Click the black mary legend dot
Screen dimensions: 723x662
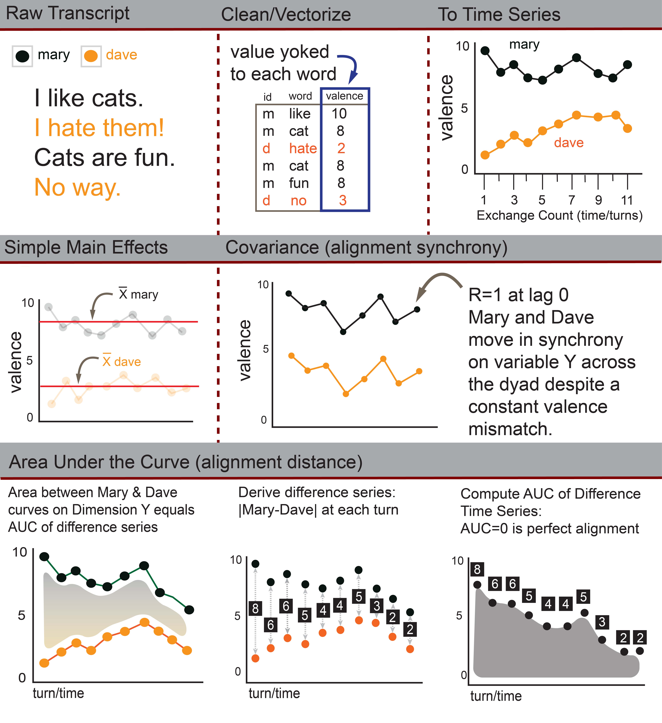[x=22, y=56]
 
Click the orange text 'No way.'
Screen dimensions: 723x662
[x=77, y=187]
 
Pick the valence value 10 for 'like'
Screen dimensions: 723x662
[x=339, y=114]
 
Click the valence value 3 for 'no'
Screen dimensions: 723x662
[x=342, y=200]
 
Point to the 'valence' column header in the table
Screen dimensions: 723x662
[x=344, y=96]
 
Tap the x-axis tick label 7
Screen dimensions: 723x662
[x=572, y=200]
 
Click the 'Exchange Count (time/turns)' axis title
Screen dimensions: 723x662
[x=559, y=215]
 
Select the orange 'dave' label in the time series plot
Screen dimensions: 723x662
[x=569, y=143]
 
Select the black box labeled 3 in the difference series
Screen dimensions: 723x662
[x=377, y=606]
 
